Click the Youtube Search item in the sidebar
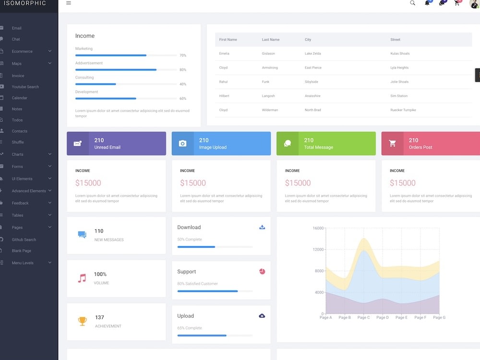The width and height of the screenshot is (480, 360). pos(25,87)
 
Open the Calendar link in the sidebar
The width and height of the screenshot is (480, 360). pos(19,98)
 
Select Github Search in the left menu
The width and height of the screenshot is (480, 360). pos(24,240)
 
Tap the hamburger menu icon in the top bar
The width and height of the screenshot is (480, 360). pos(69,3)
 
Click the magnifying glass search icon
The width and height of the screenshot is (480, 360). pos(412,3)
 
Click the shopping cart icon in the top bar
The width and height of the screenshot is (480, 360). pos(457,3)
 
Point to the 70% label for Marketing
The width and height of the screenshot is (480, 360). pos(182,56)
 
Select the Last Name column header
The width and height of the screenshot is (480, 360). pos(271,40)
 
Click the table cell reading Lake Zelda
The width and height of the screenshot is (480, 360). pos(312,54)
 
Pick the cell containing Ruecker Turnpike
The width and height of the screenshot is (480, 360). pos(403,110)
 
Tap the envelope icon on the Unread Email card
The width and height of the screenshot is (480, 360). pos(78,144)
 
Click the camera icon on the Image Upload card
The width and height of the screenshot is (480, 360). pos(182,144)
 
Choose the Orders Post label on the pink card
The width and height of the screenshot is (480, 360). pos(420,147)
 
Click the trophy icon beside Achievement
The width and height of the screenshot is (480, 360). pos(82,321)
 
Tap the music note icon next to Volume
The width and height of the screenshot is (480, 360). pos(82,278)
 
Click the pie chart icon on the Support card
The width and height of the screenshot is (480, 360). pos(262,272)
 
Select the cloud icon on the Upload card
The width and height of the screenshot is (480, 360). pos(262,316)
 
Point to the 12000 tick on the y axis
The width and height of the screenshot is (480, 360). pos(318,250)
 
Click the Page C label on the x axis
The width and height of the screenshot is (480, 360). pos(363,317)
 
